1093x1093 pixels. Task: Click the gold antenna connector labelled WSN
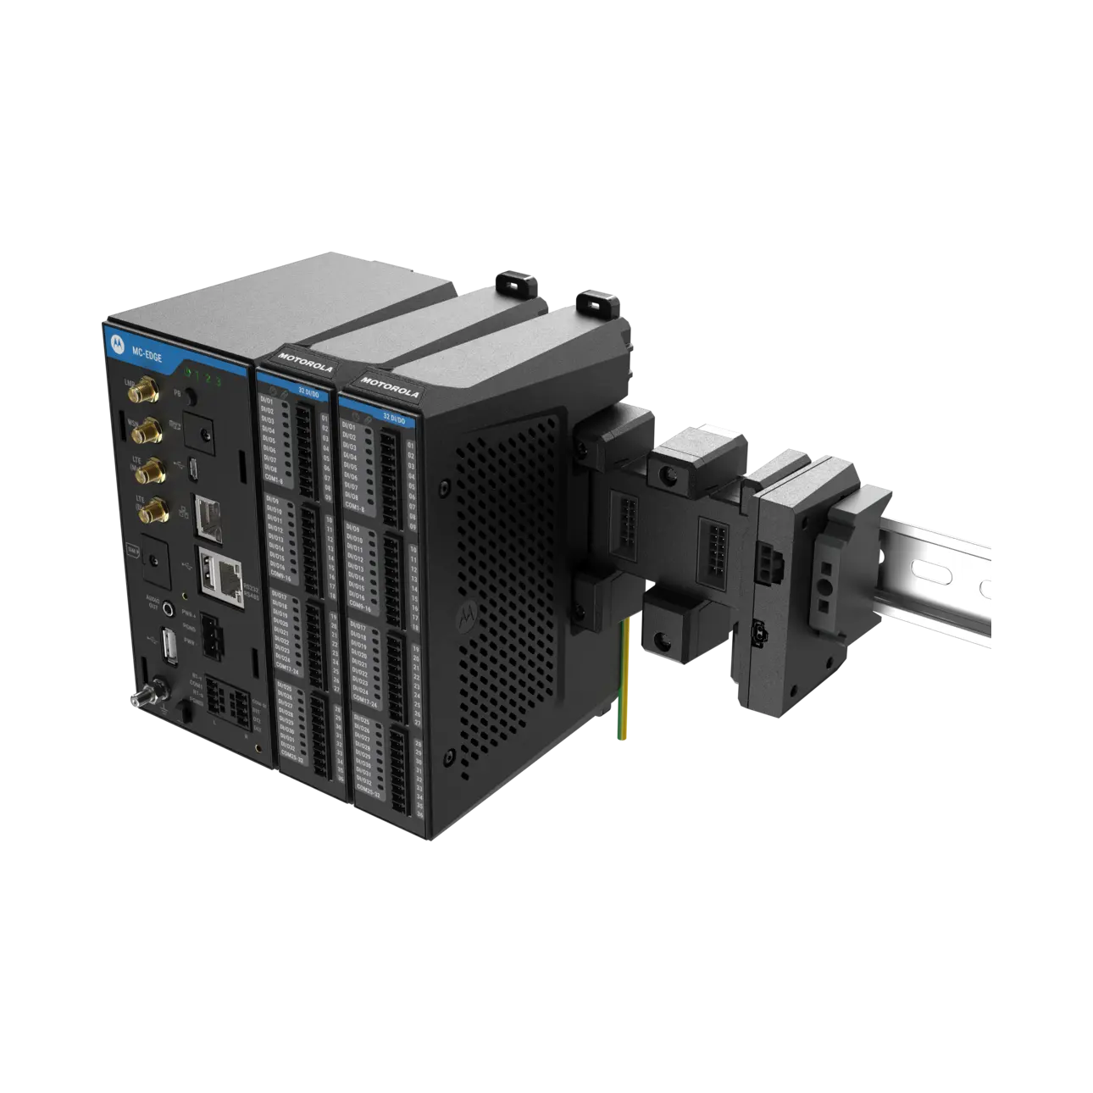coord(147,431)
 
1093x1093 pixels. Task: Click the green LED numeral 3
coord(219,379)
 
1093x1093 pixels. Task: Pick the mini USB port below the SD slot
coord(194,467)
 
